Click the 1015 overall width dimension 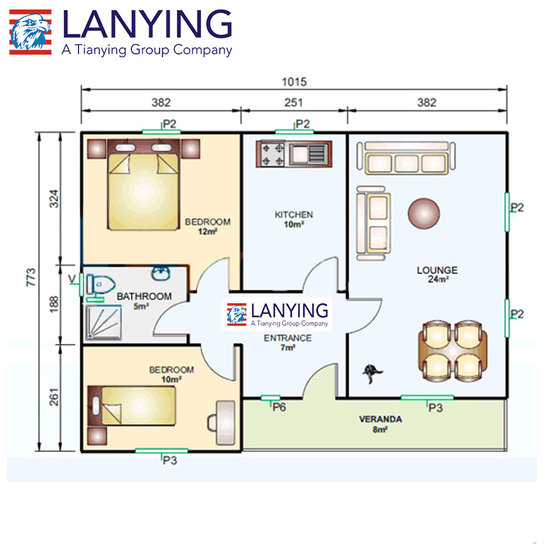[294, 82]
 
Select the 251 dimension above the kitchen [294, 103]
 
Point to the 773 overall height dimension [31, 277]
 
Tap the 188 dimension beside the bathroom [54, 304]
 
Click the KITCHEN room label [294, 215]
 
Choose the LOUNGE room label [437, 270]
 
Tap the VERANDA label [381, 419]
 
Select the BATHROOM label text [144, 296]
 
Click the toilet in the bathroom [100, 285]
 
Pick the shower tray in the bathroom [104, 322]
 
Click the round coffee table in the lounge [424, 213]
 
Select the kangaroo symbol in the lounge [372, 374]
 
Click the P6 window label [279, 407]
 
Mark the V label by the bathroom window [72, 279]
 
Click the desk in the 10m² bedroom [225, 423]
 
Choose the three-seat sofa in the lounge [406, 158]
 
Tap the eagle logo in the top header [30, 32]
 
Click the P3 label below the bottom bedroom [170, 461]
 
